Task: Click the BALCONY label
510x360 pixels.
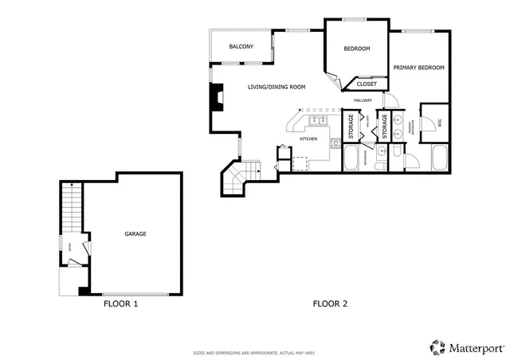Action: pyautogui.click(x=241, y=47)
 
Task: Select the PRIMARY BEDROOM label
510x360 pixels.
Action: pyautogui.click(x=418, y=68)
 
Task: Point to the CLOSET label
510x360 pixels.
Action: pyautogui.click(x=367, y=84)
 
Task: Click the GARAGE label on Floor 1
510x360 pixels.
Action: pyautogui.click(x=135, y=233)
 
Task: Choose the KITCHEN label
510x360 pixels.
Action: pyautogui.click(x=308, y=139)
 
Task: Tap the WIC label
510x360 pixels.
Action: pyautogui.click(x=437, y=122)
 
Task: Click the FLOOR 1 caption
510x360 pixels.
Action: pyautogui.click(x=121, y=303)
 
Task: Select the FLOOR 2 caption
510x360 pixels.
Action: pyautogui.click(x=330, y=303)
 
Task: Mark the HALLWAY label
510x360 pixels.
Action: pyautogui.click(x=363, y=100)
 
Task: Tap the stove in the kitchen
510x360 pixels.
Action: pyautogui.click(x=335, y=143)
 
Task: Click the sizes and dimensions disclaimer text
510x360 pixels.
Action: pyautogui.click(x=254, y=352)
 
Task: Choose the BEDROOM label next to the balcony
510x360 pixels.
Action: pyautogui.click(x=357, y=49)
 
